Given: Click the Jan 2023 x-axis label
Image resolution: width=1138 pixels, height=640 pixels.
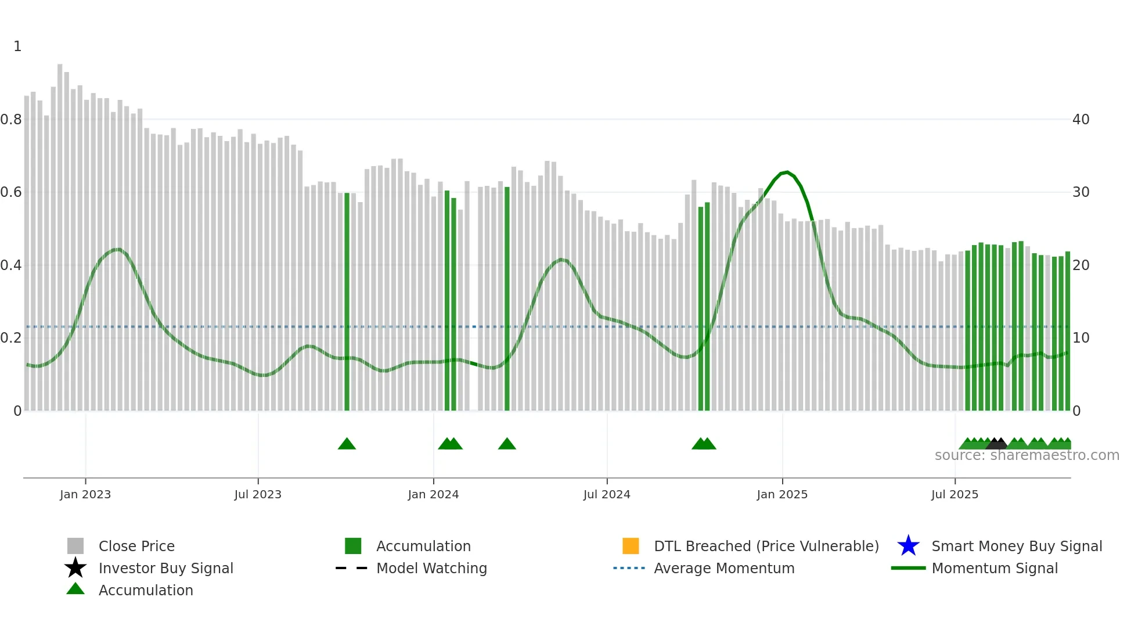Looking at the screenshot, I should coord(85,494).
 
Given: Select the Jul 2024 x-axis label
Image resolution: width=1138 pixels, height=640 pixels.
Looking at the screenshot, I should coord(607,494).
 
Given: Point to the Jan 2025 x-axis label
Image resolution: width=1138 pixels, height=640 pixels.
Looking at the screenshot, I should coord(782,494).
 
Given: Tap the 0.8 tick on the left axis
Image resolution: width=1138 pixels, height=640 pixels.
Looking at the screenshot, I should coord(11,120).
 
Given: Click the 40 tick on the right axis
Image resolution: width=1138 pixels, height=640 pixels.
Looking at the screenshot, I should coord(1081,120).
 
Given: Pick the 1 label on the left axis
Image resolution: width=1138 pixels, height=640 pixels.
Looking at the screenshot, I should coord(17,46).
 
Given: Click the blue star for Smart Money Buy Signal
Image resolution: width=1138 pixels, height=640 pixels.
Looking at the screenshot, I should coord(908,546).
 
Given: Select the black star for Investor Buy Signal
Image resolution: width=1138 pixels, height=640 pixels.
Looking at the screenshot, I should coord(75,568).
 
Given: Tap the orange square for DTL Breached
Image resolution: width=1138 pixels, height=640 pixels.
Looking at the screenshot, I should coord(631,546).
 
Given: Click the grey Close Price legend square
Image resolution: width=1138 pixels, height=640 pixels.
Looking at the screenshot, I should coord(75,546).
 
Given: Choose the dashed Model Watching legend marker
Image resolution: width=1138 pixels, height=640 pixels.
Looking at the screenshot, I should coord(352,568).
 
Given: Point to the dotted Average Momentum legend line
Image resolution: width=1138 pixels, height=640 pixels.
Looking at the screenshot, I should coord(629,568).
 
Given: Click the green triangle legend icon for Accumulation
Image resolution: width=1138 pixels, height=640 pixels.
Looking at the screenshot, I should coord(75,589).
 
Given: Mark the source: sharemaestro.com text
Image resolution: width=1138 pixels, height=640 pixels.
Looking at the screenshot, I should coord(1027,455).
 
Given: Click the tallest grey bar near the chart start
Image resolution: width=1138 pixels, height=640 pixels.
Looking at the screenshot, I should coord(60,232).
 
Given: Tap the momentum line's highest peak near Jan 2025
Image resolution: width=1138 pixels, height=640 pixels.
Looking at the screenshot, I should coord(787,172).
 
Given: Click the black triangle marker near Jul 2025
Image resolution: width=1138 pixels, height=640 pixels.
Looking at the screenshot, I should coord(997,444).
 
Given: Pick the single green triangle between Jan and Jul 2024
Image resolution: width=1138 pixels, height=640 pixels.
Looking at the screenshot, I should coord(507,444).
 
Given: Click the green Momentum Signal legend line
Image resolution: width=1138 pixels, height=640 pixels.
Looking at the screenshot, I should coord(908,568).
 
